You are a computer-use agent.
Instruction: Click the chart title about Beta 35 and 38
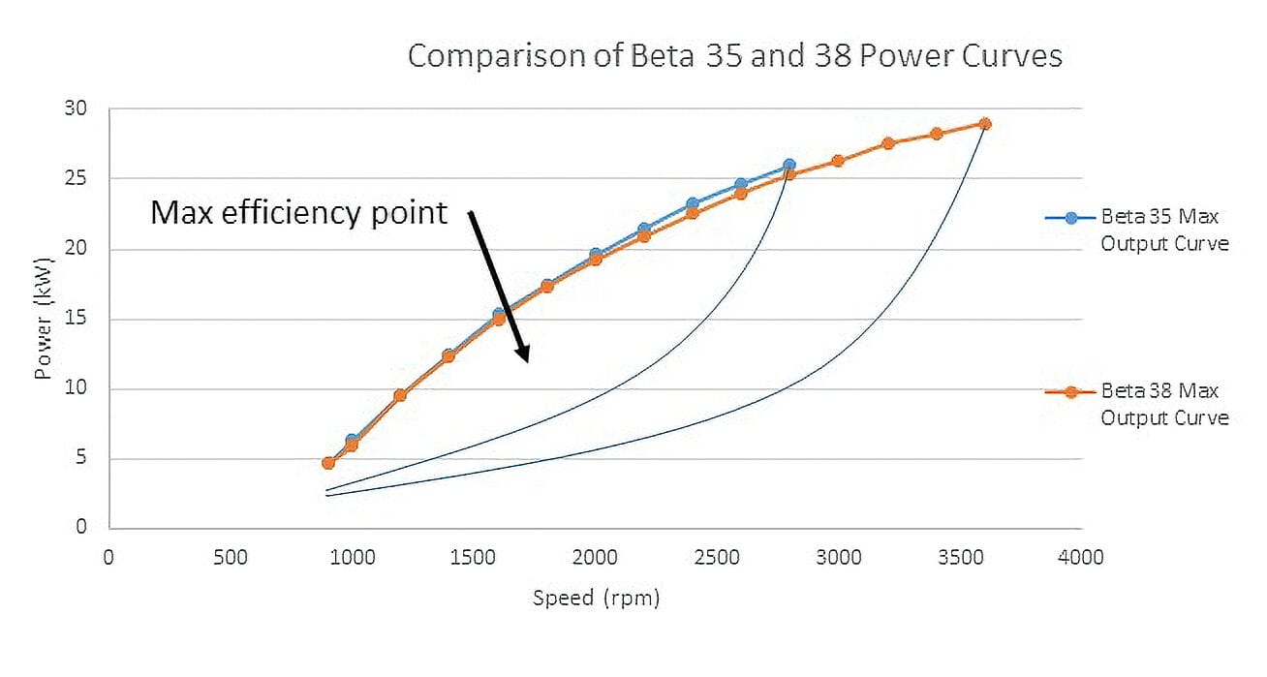(x=734, y=55)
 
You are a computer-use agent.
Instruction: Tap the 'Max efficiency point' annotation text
(x=298, y=212)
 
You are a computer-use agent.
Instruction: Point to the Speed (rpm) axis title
(x=596, y=598)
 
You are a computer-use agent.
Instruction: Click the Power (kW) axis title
(x=44, y=319)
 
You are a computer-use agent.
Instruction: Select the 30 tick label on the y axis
(x=77, y=109)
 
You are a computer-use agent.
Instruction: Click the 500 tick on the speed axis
(x=230, y=557)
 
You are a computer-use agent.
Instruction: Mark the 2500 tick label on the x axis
(x=716, y=557)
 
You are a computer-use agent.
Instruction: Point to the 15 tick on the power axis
(x=77, y=319)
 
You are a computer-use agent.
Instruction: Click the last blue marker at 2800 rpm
(x=788, y=166)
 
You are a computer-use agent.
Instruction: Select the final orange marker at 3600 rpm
(x=984, y=124)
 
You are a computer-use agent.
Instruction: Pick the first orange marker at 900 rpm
(x=327, y=463)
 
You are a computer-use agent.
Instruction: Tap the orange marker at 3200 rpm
(x=887, y=143)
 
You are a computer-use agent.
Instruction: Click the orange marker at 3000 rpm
(x=838, y=161)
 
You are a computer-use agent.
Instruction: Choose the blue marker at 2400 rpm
(x=692, y=204)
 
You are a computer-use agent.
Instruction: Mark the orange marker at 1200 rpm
(x=400, y=395)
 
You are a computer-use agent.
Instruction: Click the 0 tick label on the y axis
(x=81, y=528)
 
